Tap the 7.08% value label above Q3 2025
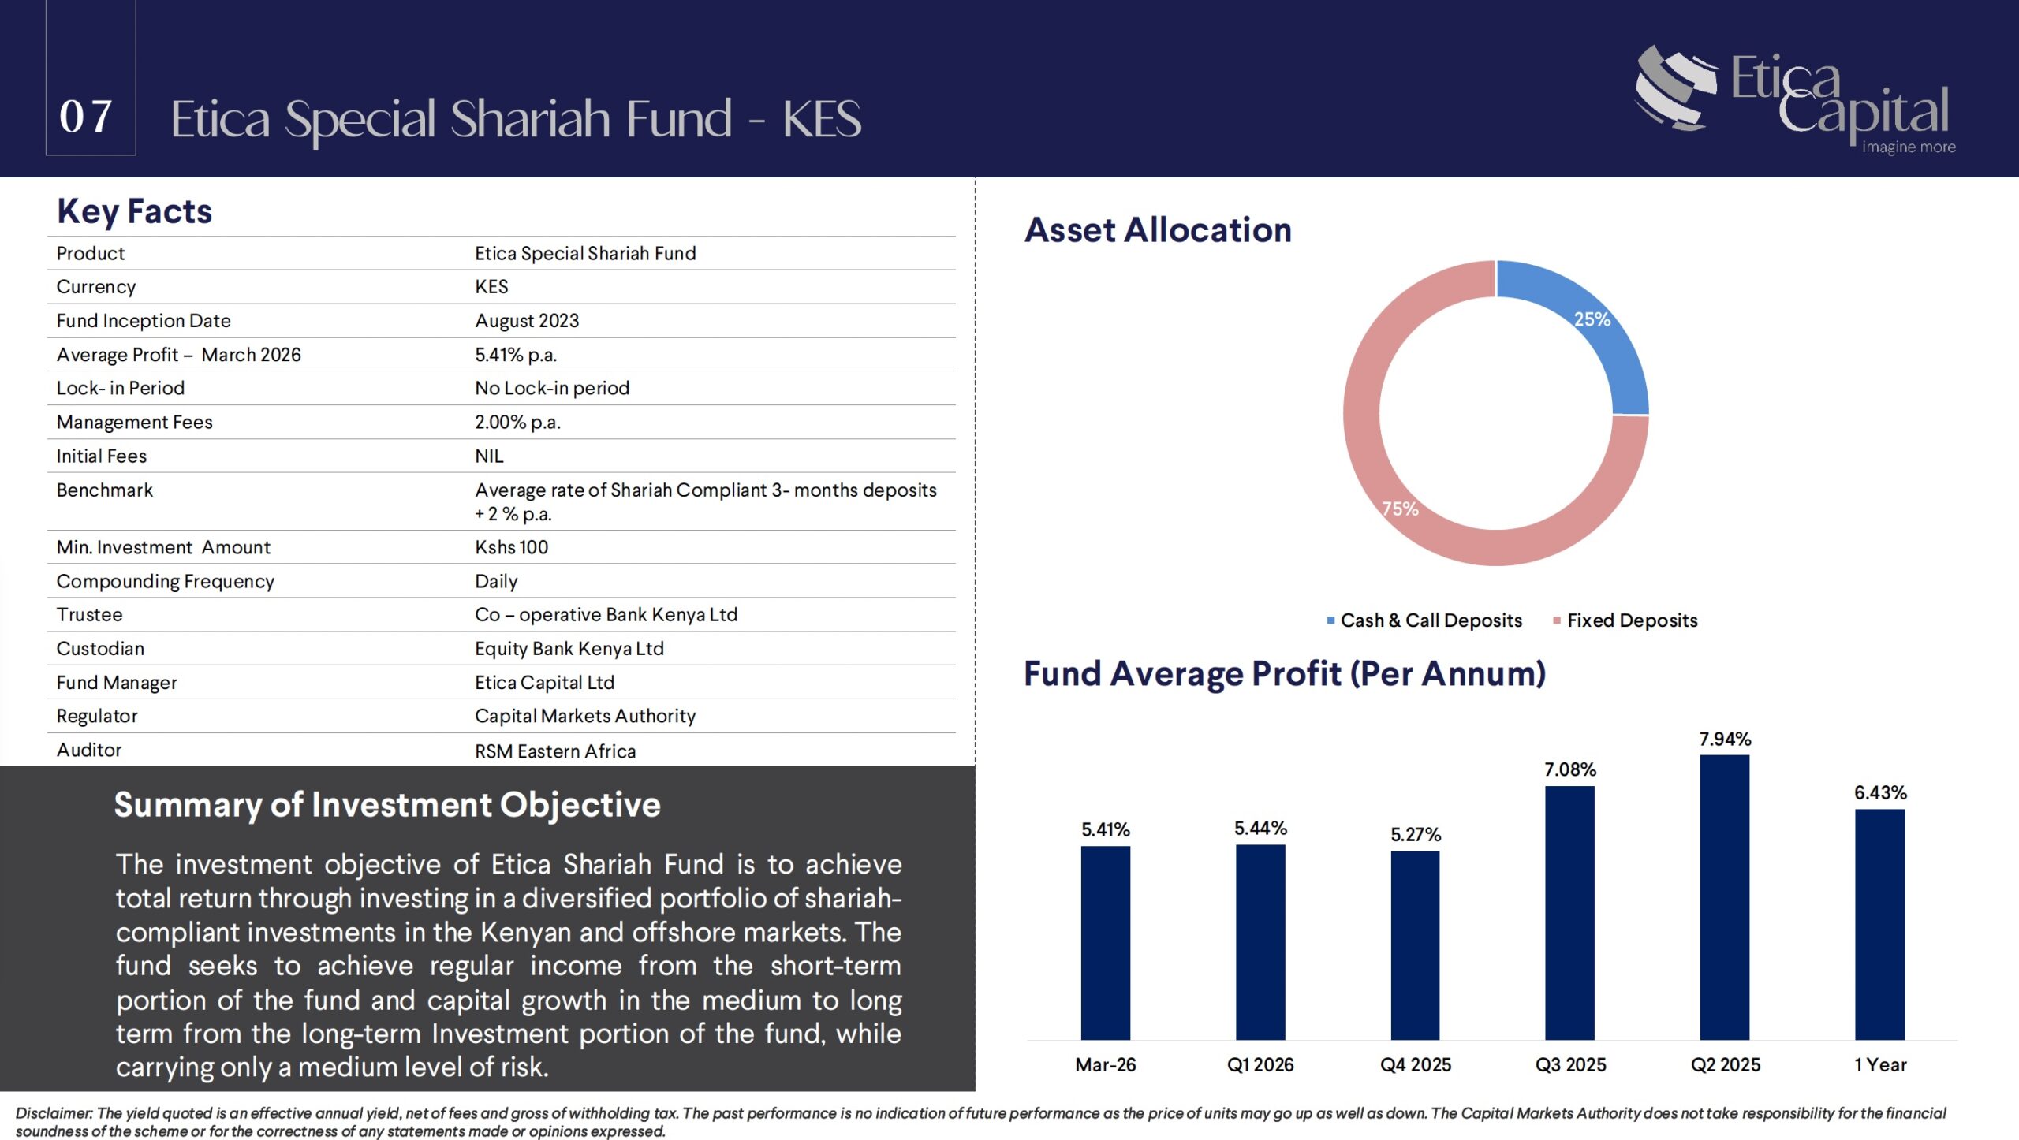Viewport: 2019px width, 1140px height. pyautogui.click(x=1569, y=769)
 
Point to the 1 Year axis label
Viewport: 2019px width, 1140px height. pyautogui.click(x=1880, y=1065)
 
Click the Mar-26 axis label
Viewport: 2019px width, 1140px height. pyautogui.click(x=1105, y=1065)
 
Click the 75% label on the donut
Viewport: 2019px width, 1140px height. pyautogui.click(x=1401, y=509)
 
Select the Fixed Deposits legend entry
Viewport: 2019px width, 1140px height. pyautogui.click(x=1631, y=620)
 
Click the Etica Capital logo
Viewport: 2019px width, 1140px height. pyautogui.click(x=1795, y=99)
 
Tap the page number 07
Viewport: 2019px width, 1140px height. pyautogui.click(x=86, y=117)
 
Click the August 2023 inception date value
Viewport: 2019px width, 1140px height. pyautogui.click(x=527, y=321)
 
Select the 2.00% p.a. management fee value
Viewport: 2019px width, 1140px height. pyautogui.click(x=517, y=423)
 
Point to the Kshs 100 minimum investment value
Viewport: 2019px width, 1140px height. pyautogui.click(x=511, y=547)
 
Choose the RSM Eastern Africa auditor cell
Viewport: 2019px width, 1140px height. pyautogui.click(x=555, y=751)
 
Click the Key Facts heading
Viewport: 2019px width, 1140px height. pyautogui.click(x=134, y=211)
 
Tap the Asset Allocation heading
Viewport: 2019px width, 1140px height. pyautogui.click(x=1158, y=230)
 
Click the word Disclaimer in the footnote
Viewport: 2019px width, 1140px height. pyautogui.click(x=54, y=1113)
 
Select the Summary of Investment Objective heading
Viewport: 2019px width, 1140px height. pyautogui.click(x=387, y=805)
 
